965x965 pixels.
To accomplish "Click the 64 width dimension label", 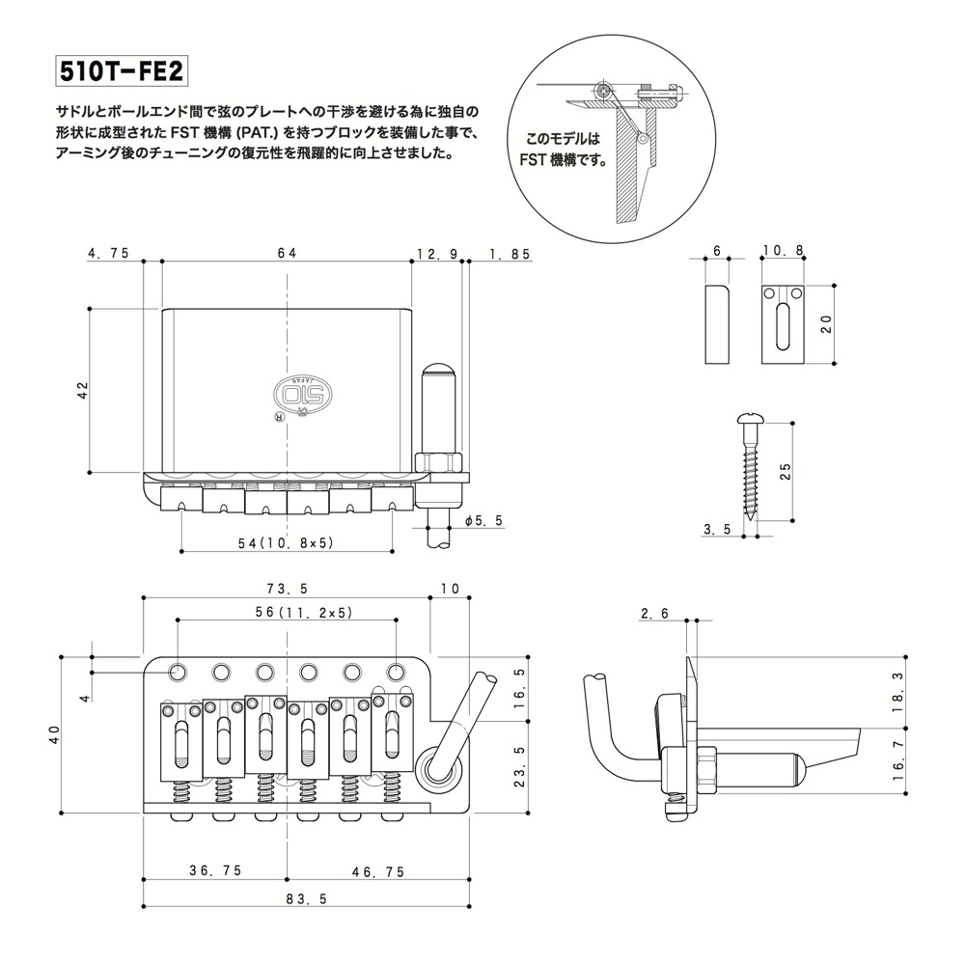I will pyautogui.click(x=287, y=253).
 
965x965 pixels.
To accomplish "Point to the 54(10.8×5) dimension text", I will pyautogui.click(x=287, y=542).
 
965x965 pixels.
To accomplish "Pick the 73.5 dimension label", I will pyautogui.click(x=287, y=589).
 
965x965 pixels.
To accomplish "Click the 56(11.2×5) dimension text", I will pyautogui.click(x=287, y=612).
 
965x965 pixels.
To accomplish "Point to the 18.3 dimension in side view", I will pyautogui.click(x=899, y=690).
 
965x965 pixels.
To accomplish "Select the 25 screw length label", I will pyautogui.click(x=785, y=471).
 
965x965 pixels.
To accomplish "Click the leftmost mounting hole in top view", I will pyautogui.click(x=179, y=670).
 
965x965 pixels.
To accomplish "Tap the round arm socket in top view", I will pyautogui.click(x=435, y=772).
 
